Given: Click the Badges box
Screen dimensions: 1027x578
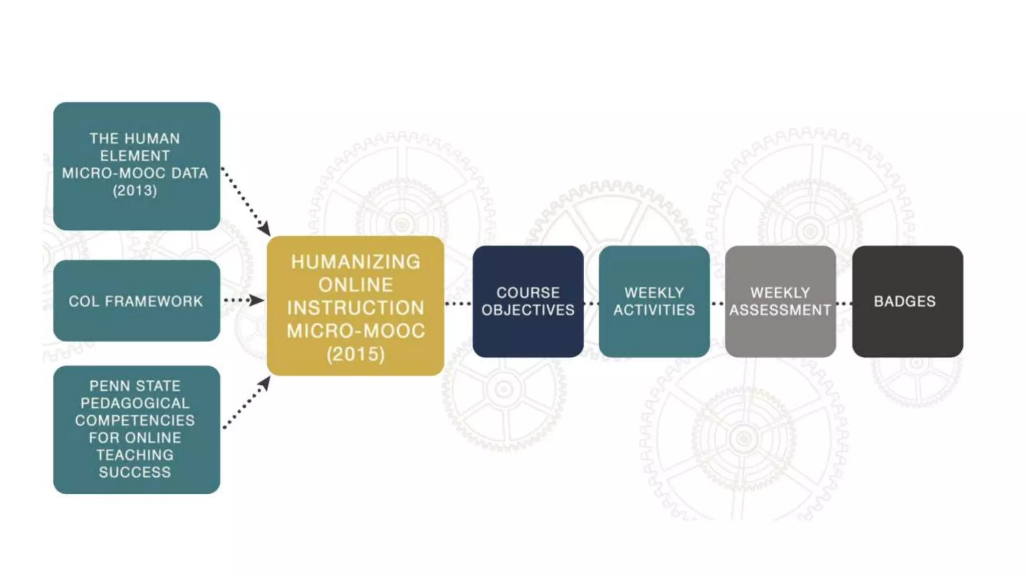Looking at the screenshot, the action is (x=907, y=302).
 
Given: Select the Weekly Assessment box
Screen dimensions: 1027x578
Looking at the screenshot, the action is (x=780, y=302).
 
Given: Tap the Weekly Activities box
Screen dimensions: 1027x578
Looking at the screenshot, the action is (x=654, y=302).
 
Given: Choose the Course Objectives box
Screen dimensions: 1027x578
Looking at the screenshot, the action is (x=528, y=302).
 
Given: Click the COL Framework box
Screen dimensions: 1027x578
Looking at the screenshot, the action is (x=136, y=301).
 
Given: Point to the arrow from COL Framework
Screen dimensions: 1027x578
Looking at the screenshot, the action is (x=244, y=301).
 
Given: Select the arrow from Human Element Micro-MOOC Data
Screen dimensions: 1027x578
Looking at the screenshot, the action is (x=246, y=201).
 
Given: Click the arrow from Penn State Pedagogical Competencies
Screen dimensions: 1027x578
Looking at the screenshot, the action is (x=247, y=402).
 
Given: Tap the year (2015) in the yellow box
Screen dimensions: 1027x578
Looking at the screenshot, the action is (x=356, y=354).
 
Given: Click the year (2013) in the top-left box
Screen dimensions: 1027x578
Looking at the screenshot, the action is (x=135, y=191).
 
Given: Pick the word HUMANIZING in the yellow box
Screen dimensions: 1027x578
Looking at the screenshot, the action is (x=356, y=262).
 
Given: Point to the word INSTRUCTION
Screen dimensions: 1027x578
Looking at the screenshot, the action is (x=356, y=308).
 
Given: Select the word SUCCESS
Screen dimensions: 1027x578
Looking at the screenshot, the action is (x=135, y=472).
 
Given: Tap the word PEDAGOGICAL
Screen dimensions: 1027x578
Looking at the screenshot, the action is (x=135, y=403).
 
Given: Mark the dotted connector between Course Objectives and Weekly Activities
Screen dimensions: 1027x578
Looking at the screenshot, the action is (x=591, y=304).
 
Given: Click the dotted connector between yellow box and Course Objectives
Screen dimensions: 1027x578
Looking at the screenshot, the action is (x=458, y=304).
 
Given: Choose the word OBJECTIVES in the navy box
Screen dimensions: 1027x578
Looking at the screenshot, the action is (x=528, y=310).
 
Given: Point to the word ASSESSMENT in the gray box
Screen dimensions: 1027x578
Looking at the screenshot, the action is (x=780, y=310).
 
